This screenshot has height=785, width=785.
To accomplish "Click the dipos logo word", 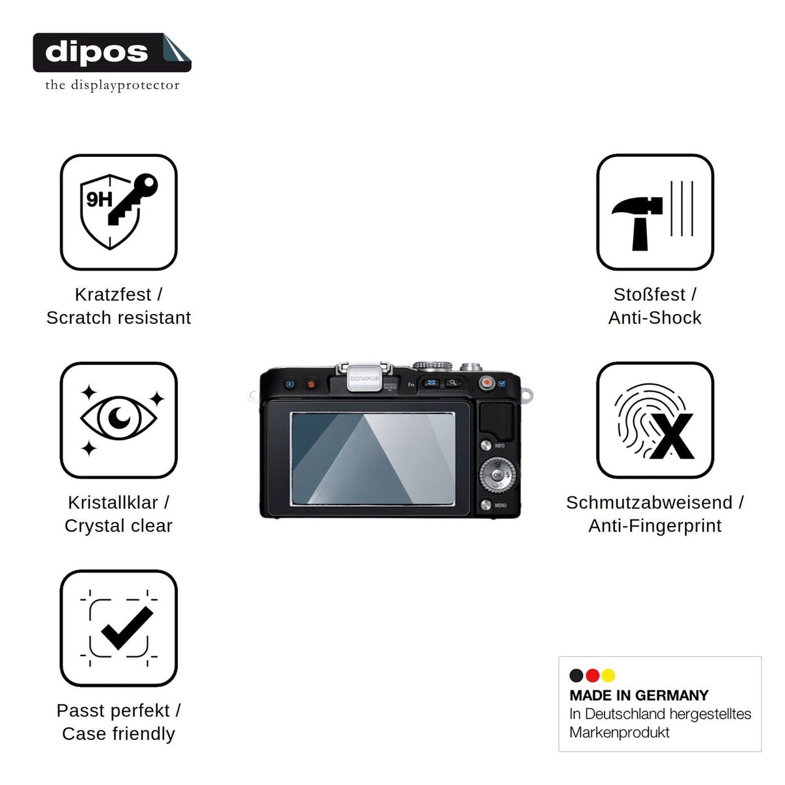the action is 97,52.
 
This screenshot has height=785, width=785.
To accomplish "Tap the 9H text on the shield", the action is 99,200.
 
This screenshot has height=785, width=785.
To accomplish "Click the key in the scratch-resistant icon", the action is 132,200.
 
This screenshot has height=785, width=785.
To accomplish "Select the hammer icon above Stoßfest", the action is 637,223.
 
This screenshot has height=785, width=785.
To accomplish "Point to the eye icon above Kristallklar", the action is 118,418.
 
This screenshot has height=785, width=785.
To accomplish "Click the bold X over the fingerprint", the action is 672,436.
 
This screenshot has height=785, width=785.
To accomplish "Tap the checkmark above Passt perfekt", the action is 127,628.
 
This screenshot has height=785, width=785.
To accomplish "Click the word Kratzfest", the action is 113,294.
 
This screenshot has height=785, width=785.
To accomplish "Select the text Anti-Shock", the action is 655,318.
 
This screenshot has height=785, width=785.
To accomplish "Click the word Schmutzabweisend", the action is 650,502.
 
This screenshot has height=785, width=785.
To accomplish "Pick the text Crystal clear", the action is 118,526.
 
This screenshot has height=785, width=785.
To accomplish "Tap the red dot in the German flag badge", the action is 592,675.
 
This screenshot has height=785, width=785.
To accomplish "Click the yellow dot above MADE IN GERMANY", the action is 608,675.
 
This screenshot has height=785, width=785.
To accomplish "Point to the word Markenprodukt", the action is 619,733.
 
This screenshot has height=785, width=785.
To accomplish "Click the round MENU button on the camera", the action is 485,505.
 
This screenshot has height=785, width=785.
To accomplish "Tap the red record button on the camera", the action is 487,383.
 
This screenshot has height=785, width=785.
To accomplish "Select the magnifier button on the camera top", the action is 453,383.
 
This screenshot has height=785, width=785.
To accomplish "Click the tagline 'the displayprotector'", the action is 113,85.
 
